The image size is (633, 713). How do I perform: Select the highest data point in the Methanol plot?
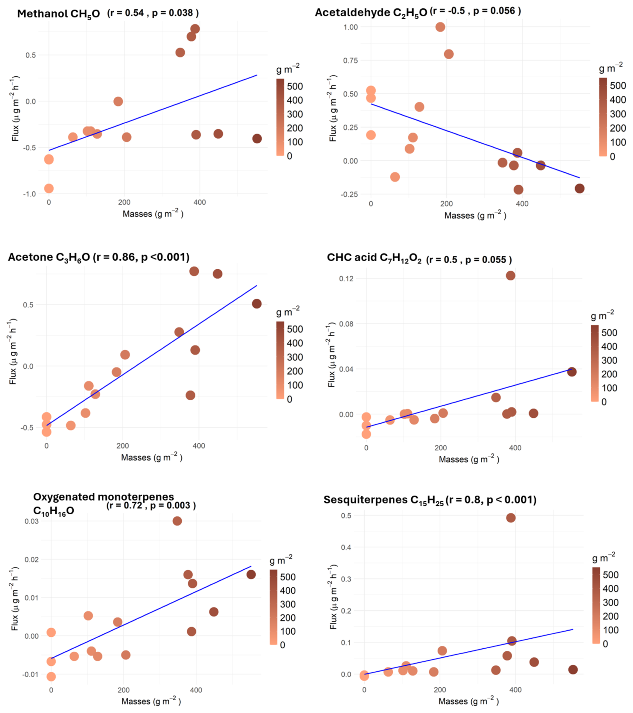[x=195, y=29]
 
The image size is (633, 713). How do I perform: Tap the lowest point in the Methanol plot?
[x=49, y=189]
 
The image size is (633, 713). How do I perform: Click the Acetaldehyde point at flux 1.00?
[x=440, y=27]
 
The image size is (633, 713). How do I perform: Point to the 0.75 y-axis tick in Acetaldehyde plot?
[x=350, y=60]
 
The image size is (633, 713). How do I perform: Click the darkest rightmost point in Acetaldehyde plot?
[x=579, y=188]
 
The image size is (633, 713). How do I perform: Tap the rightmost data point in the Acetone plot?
[x=257, y=304]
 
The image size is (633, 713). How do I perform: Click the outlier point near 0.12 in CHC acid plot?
[x=510, y=276]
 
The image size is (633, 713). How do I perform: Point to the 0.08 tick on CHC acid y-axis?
[x=346, y=324]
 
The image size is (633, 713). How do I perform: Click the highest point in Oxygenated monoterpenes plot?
[x=177, y=521]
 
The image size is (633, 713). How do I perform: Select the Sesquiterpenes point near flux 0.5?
[x=511, y=518]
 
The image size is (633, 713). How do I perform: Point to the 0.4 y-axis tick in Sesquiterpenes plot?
[x=346, y=547]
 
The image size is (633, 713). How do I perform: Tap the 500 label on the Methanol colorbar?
[x=294, y=86]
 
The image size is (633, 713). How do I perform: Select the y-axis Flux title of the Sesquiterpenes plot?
[x=333, y=596]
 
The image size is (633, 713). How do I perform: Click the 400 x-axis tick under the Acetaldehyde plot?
[x=522, y=203]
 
